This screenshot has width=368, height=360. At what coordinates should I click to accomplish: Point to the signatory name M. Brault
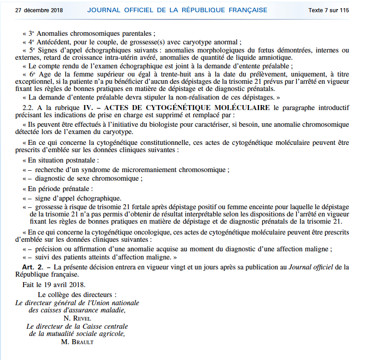[x=77, y=342]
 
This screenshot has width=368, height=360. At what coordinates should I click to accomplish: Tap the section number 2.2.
[x=29, y=107]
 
